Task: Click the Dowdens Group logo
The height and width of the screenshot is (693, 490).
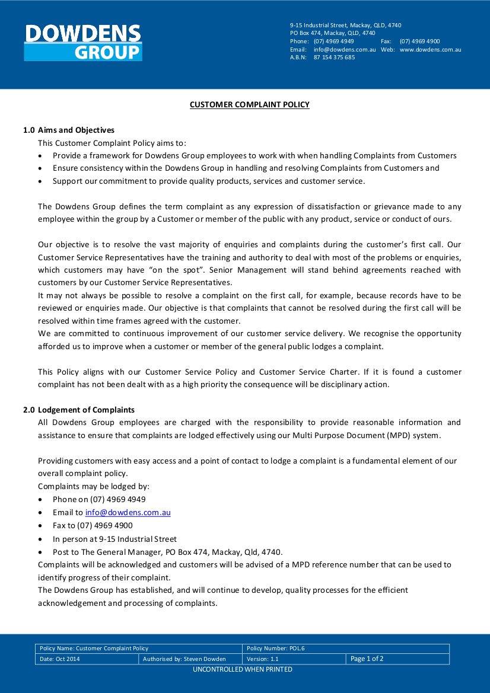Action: [83, 42]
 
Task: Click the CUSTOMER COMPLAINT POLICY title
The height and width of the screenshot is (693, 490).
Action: [249, 105]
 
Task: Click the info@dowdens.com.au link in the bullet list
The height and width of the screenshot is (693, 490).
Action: [128, 512]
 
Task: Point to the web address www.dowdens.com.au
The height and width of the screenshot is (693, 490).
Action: [430, 50]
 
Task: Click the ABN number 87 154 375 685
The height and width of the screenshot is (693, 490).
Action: [334, 58]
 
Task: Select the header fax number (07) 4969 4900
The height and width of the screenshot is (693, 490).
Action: [419, 41]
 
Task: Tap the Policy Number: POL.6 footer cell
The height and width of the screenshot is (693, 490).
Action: [275, 649]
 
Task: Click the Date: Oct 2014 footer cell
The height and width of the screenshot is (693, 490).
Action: [59, 659]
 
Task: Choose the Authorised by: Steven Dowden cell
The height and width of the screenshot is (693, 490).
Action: [184, 659]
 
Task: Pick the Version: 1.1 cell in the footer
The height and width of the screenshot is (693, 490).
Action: [262, 659]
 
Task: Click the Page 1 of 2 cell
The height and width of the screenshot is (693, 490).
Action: [367, 659]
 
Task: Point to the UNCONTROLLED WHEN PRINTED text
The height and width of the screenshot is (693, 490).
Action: [243, 669]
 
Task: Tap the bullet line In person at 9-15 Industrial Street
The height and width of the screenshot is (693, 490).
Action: [114, 539]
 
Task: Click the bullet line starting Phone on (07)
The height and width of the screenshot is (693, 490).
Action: [99, 499]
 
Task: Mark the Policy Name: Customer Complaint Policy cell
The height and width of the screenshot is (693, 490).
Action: [94, 649]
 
